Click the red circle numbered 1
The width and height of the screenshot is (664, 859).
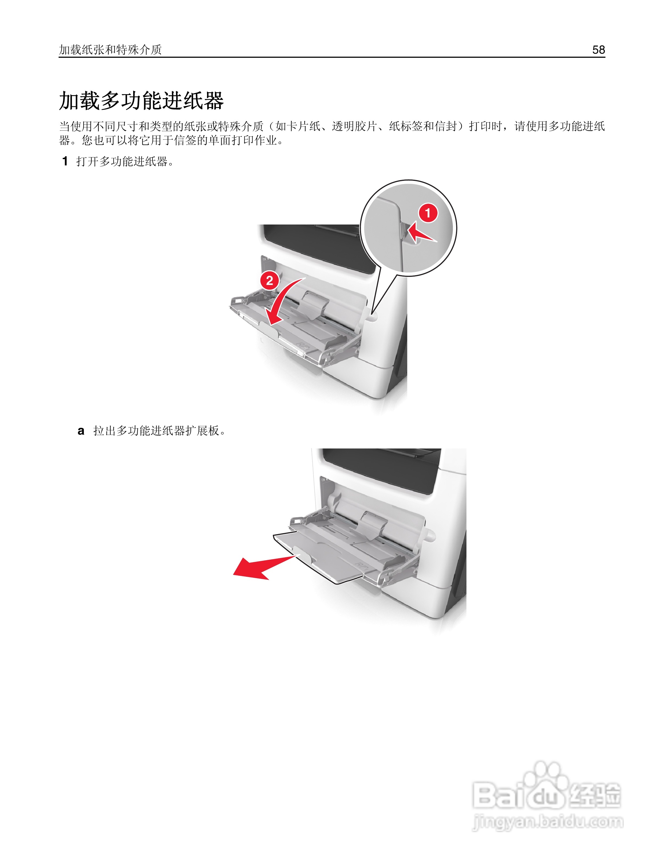(428, 213)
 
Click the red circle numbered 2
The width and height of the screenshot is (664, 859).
(269, 280)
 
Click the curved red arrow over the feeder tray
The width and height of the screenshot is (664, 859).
(281, 305)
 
